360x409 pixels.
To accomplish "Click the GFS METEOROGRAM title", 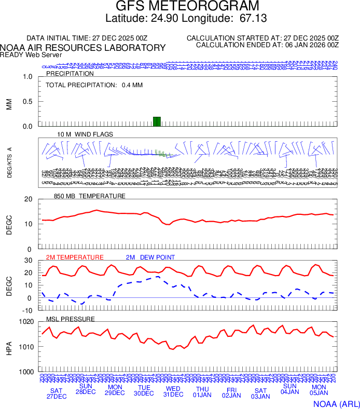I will (179, 7).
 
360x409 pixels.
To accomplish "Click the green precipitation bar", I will (157, 121).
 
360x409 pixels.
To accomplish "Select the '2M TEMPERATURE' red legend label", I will (75, 257).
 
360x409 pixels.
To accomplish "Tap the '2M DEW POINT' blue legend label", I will (150, 257).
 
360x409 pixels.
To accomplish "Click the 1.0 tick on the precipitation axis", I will (28, 77).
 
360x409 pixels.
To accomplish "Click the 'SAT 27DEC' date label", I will (57, 393).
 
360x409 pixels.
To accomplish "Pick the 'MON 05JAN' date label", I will (319, 391).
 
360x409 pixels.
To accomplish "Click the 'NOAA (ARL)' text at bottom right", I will (335, 403).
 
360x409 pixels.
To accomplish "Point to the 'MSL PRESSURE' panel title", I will (71, 319).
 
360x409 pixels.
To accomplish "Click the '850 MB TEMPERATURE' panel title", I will (90, 196).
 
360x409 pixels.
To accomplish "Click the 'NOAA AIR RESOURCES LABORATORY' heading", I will (83, 47).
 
